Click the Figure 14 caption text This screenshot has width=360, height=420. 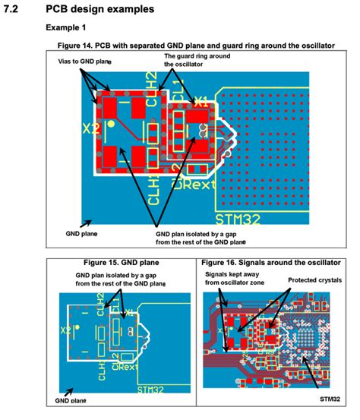pos(190,46)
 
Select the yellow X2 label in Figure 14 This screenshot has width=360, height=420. pos(90,129)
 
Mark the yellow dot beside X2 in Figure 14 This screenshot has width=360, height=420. pos(111,123)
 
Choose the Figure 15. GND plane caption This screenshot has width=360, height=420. pos(121,263)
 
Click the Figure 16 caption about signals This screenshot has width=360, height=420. pos(274,263)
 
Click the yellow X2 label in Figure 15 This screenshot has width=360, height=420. pos(67,331)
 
